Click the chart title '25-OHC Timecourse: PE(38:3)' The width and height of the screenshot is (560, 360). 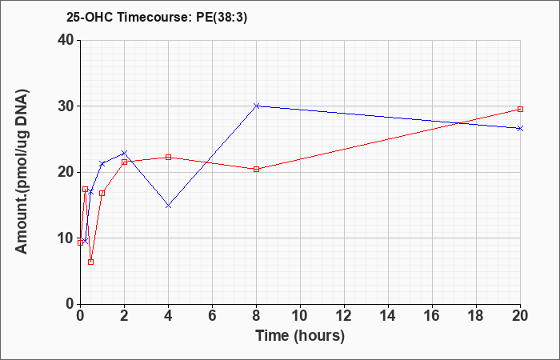click(x=157, y=17)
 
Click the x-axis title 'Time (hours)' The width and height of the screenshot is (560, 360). click(x=300, y=336)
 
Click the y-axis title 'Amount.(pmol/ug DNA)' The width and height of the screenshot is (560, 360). click(x=22, y=172)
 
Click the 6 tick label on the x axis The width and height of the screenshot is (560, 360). click(x=212, y=316)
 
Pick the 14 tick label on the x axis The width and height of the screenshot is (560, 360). click(x=388, y=316)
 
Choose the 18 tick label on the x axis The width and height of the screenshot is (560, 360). click(x=476, y=316)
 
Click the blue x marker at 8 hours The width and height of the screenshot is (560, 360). click(x=257, y=106)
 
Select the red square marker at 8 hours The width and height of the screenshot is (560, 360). click(x=257, y=170)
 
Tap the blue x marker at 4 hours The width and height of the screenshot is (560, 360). click(x=168, y=206)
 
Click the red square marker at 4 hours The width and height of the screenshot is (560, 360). click(x=168, y=157)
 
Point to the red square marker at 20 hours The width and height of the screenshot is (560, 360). click(x=520, y=110)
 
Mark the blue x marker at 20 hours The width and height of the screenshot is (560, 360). click(x=520, y=128)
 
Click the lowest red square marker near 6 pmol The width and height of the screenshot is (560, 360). click(x=90, y=262)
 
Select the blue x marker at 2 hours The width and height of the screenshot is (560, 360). click(x=124, y=153)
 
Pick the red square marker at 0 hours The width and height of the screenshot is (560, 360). click(x=80, y=243)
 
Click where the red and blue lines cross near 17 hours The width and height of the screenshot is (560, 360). click(x=458, y=123)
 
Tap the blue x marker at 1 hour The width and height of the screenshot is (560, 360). click(x=102, y=164)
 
